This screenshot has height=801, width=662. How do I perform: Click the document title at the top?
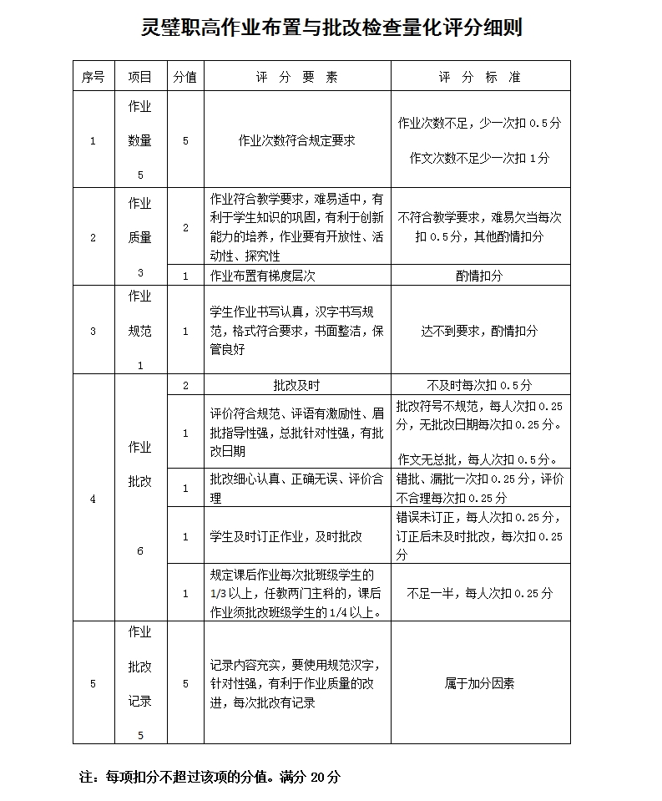click(x=331, y=28)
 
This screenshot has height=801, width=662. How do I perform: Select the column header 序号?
click(x=93, y=77)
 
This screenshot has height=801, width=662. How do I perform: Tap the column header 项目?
click(x=140, y=77)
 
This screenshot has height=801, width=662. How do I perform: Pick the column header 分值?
click(x=185, y=77)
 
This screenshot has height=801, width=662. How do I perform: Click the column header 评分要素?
click(x=296, y=77)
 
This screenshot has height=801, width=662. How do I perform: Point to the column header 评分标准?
click(x=480, y=77)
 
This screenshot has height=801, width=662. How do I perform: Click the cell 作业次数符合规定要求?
click(x=296, y=140)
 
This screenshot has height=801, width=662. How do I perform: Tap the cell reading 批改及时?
click(x=296, y=385)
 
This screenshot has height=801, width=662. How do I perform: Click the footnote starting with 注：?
click(x=210, y=777)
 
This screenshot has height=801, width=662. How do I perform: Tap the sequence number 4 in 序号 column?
click(x=93, y=499)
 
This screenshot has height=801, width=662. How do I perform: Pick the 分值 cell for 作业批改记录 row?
click(x=185, y=683)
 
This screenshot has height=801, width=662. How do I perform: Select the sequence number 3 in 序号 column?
click(x=93, y=331)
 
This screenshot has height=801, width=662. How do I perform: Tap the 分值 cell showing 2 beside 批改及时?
click(x=185, y=385)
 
